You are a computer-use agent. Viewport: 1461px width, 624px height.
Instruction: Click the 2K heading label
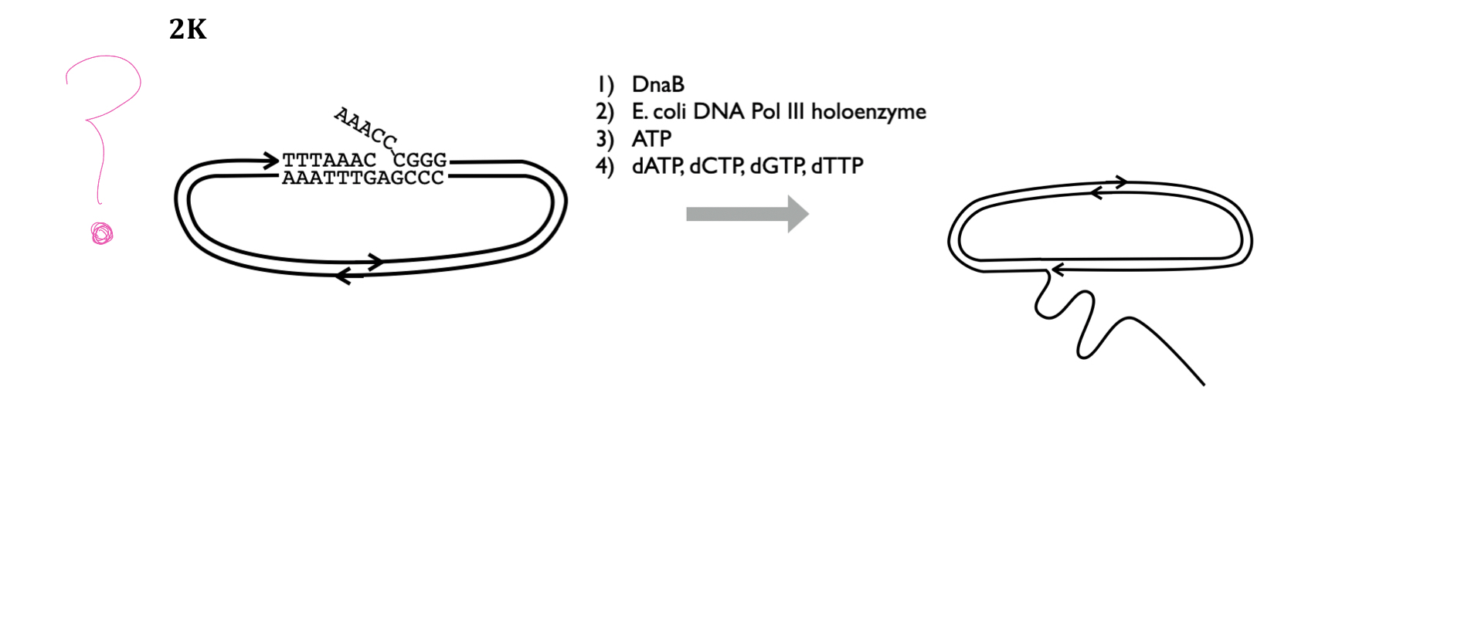[x=188, y=29]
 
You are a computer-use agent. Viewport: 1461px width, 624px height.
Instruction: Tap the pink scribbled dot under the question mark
[x=102, y=233]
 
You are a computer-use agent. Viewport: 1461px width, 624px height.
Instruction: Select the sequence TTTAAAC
[x=329, y=160]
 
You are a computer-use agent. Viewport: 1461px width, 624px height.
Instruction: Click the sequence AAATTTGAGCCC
[x=363, y=178]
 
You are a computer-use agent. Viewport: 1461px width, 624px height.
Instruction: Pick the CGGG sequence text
[x=420, y=160]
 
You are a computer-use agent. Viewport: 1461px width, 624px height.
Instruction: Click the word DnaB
[x=657, y=84]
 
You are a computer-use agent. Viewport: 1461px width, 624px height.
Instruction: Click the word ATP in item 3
[x=651, y=139]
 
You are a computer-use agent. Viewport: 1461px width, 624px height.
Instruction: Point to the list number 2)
[x=604, y=112]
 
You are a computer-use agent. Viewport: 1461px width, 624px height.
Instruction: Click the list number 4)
[x=604, y=166]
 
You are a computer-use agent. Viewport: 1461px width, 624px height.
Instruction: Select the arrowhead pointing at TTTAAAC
[x=270, y=161]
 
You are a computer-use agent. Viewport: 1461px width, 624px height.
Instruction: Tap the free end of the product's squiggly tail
[x=1202, y=383]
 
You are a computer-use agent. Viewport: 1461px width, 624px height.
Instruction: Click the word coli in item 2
[x=670, y=112]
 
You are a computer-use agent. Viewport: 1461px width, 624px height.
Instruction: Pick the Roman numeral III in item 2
[x=796, y=112]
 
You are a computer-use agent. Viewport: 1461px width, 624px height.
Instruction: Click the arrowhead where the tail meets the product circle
[x=1057, y=270]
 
